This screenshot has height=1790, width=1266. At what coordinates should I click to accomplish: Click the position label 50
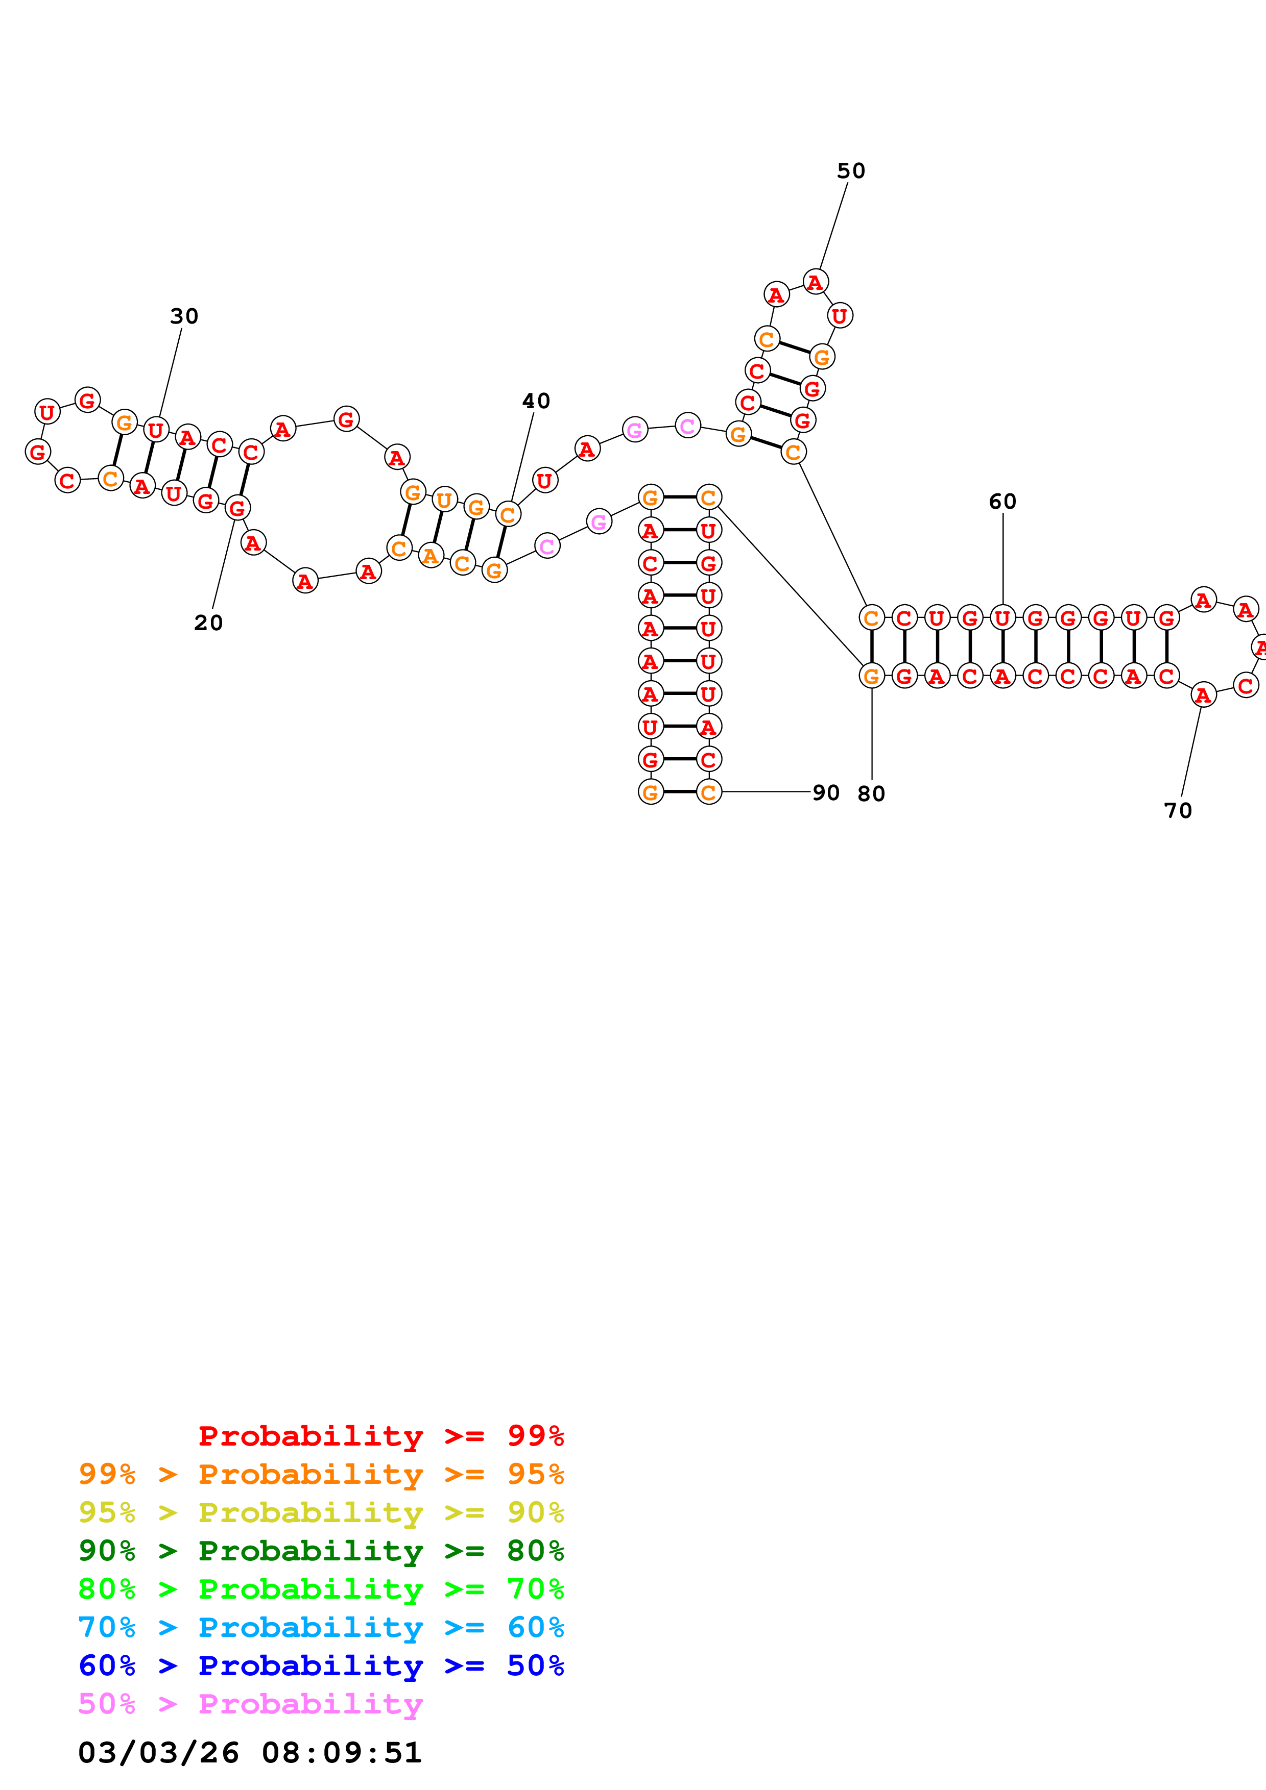tap(850, 171)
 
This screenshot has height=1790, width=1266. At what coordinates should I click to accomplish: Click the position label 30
tap(184, 316)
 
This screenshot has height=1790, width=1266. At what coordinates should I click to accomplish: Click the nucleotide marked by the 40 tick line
tap(508, 514)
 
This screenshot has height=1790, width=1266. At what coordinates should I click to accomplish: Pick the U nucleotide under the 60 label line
tap(1002, 618)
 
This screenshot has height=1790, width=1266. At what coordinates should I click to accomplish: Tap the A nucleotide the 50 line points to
tap(815, 282)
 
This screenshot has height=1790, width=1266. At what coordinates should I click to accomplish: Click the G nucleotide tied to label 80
tap(871, 676)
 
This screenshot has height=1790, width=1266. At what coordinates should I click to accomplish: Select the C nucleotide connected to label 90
tap(708, 792)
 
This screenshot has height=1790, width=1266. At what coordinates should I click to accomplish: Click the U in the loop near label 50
tap(840, 316)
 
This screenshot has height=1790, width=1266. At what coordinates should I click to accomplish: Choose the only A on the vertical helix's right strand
tap(708, 727)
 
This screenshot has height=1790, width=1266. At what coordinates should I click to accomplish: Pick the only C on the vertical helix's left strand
tap(650, 563)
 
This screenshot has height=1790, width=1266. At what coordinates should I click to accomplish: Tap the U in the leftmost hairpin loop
tap(47, 412)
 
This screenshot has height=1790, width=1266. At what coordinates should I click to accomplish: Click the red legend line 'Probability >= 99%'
tap(380, 1436)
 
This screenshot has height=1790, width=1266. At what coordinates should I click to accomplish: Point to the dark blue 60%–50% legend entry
tap(321, 1665)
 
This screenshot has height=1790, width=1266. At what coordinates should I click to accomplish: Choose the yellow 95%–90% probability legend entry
tap(321, 1512)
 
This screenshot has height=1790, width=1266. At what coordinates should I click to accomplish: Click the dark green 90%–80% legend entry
tap(321, 1551)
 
